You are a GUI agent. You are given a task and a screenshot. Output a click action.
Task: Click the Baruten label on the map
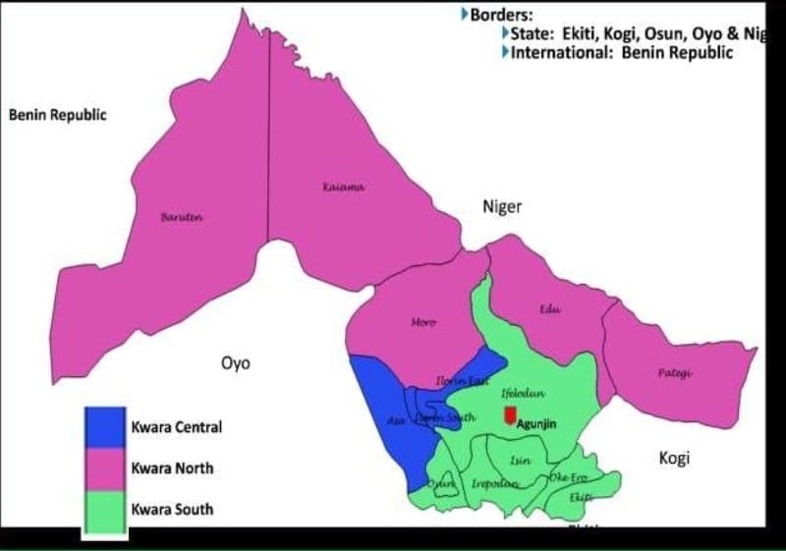(x=181, y=216)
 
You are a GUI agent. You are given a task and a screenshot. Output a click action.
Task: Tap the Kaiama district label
(x=343, y=187)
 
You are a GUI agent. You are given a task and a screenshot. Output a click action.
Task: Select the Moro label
(x=423, y=322)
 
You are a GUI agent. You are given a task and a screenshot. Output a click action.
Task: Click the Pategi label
(x=675, y=373)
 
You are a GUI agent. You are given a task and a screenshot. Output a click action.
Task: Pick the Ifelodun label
(x=523, y=393)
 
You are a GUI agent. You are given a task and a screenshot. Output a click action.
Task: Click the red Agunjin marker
(x=509, y=415)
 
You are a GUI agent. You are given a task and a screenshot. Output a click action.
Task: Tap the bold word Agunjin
(x=536, y=425)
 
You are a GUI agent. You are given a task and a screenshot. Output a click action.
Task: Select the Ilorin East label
(x=462, y=380)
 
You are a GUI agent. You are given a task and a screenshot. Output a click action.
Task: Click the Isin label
(x=521, y=460)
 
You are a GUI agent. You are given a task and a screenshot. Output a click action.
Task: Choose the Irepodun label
(x=494, y=483)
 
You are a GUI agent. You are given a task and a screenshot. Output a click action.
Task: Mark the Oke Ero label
(x=569, y=477)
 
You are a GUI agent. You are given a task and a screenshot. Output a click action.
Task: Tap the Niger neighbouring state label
(x=501, y=206)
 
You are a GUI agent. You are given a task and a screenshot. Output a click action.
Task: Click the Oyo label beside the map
(x=235, y=363)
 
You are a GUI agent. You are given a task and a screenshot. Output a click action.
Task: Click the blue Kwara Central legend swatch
(x=104, y=427)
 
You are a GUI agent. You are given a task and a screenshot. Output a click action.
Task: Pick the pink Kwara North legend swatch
(x=104, y=468)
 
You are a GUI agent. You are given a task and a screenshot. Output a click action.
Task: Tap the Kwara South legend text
(x=172, y=510)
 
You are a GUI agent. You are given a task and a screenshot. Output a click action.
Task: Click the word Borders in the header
(x=504, y=15)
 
